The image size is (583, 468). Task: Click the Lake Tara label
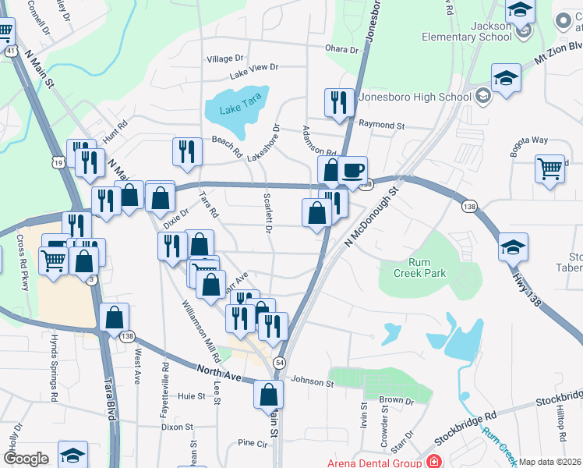pyautogui.click(x=241, y=108)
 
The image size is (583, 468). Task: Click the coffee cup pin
pyautogui.click(x=352, y=169)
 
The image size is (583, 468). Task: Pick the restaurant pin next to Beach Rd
pyautogui.click(x=186, y=151)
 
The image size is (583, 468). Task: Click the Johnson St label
pyautogui.click(x=313, y=381)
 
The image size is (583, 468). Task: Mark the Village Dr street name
pyautogui.click(x=225, y=58)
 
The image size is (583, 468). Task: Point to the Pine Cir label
pyautogui.click(x=253, y=442)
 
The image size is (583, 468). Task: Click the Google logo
pyautogui.click(x=26, y=459)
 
